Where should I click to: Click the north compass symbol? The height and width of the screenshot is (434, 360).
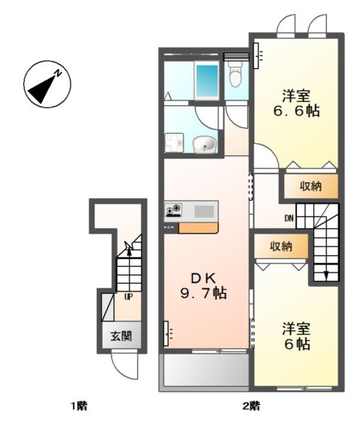[x=47, y=84]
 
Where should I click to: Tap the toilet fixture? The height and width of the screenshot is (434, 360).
[x=235, y=74]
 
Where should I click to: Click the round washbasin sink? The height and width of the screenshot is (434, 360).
[x=205, y=145]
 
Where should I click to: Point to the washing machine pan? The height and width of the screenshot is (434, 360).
[x=174, y=143]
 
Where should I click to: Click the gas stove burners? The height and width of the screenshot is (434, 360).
[x=173, y=210]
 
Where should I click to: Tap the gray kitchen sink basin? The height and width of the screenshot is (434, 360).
[x=204, y=211]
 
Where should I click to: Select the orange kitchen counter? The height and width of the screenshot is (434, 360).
[x=198, y=228]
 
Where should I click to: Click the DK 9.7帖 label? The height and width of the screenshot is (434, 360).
[x=203, y=286]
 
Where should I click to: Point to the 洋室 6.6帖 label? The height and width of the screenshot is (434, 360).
[x=296, y=104]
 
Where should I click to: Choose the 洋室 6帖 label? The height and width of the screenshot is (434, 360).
[x=296, y=336]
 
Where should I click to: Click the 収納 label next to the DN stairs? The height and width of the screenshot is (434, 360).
[x=310, y=186]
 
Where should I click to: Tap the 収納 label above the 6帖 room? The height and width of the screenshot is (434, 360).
[x=281, y=246]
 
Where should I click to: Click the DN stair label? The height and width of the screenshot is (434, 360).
[x=289, y=219]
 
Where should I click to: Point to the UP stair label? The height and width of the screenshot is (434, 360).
[x=128, y=297]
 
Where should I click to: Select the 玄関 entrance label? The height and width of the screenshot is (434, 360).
[x=121, y=336]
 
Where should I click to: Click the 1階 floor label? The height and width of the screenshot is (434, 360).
[x=79, y=406]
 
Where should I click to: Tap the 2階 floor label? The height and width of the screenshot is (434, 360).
[x=251, y=406]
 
